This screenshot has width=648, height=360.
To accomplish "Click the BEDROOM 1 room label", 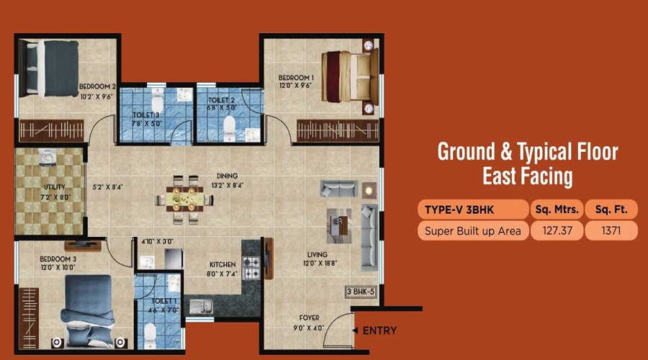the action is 296,78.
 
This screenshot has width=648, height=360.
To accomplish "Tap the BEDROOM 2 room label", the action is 97,87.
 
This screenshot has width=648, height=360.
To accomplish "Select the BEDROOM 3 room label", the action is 58,259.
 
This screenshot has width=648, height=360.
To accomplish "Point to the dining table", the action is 185,199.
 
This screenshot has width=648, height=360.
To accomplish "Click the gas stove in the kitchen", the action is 251,267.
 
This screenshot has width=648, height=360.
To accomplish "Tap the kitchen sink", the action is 201,306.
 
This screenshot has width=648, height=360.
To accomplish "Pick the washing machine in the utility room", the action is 48,158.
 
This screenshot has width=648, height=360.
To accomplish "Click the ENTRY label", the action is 379,330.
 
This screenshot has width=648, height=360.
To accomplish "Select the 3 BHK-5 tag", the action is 361,292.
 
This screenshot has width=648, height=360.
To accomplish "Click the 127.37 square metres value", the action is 557,230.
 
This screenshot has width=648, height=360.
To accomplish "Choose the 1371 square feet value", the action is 611,230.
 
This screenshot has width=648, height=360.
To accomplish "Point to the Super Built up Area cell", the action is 473,230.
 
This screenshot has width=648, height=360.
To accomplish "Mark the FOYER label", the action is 309,318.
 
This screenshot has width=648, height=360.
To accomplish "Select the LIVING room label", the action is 318,255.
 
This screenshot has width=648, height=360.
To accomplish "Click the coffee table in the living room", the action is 339,225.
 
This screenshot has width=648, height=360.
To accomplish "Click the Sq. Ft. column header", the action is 611,210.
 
